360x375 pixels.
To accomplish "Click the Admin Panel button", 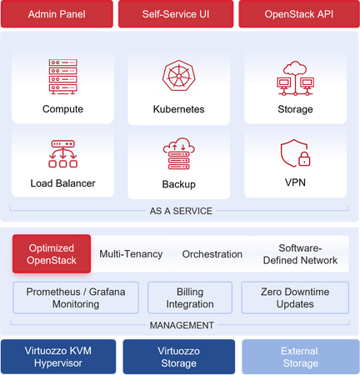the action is (x=57, y=14).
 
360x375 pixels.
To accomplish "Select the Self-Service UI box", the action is (x=176, y=14).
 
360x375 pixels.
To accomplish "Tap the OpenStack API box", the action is (x=299, y=14).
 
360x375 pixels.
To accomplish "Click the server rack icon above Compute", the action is (x=63, y=77).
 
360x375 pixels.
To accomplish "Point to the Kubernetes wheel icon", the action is (x=179, y=76).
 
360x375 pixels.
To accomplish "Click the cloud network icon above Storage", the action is (x=295, y=78).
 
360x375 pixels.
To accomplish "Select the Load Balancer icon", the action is (x=63, y=154).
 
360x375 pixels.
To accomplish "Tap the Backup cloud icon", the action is (x=179, y=153).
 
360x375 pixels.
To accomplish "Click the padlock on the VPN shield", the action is (x=304, y=159).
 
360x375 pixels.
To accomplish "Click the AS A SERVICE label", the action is (x=181, y=211).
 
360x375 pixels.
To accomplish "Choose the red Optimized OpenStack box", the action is (x=52, y=254).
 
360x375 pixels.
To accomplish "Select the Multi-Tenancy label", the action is (x=131, y=254).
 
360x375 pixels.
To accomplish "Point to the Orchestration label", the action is (x=212, y=254).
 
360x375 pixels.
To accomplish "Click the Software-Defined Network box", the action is (x=300, y=254).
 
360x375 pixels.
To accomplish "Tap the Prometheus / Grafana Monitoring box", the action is (x=76, y=297).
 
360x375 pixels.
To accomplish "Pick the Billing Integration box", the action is (x=190, y=297).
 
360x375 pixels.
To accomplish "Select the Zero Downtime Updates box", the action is (x=295, y=297).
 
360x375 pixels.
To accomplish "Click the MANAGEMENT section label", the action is (x=182, y=325).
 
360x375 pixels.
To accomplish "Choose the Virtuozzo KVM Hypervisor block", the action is (x=58, y=357).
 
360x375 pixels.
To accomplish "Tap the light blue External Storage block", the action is (x=301, y=357).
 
